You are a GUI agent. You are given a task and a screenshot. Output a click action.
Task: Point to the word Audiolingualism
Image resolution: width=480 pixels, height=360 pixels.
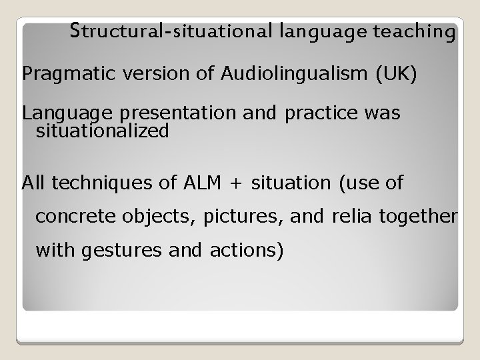tap(291, 74)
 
